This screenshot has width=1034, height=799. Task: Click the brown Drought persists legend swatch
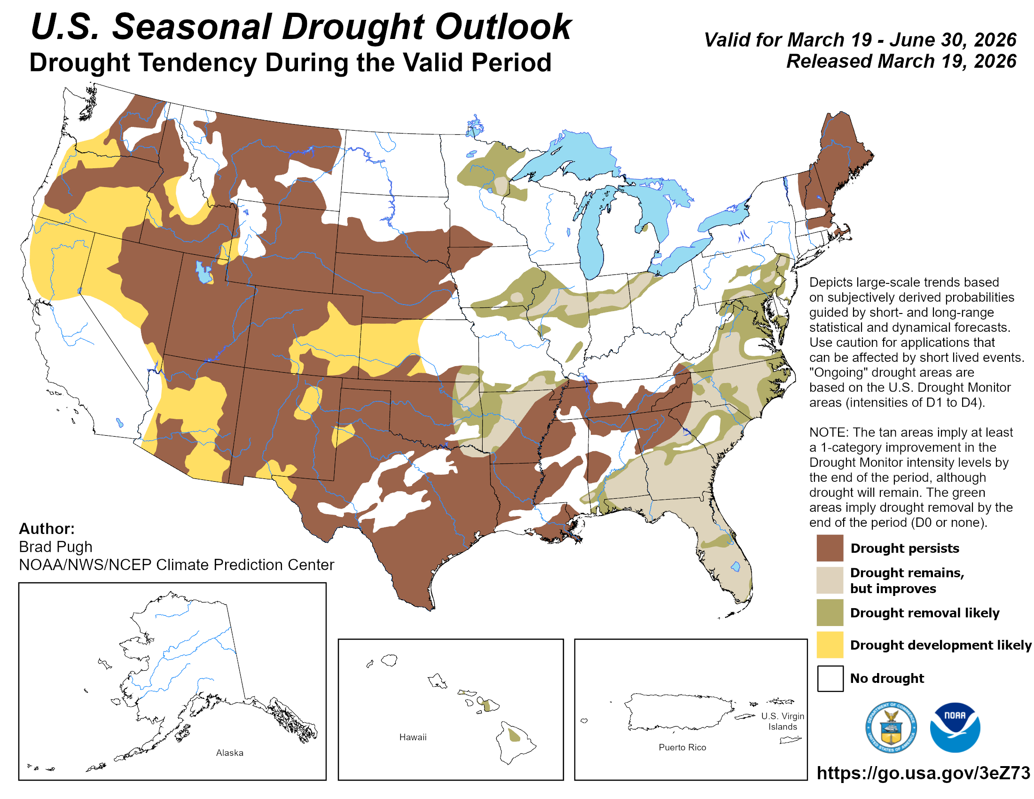pos(830,548)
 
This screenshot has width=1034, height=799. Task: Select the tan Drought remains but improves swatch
pos(830,580)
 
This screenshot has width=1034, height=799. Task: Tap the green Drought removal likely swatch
pos(830,612)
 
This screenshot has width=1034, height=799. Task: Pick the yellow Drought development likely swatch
pos(830,644)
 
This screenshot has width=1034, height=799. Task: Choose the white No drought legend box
pos(830,678)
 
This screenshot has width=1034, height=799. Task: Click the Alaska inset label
pos(230,752)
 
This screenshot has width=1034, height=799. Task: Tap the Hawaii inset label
pos(412,737)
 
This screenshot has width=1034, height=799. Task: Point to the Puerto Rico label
pos(682,747)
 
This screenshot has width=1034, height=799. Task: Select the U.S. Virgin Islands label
pos(782,721)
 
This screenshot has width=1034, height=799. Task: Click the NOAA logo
pos(955,727)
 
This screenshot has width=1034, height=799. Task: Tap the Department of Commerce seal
pos(891,727)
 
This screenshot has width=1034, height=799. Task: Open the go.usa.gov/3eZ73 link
pos(923,773)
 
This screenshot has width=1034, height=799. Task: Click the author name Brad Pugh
pos(55,547)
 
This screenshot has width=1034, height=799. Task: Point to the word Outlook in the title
pos(503,27)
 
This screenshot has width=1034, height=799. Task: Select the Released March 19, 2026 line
pos(901,62)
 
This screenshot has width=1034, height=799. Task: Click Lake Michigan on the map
pos(590,237)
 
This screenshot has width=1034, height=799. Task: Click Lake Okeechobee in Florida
pos(735,566)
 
